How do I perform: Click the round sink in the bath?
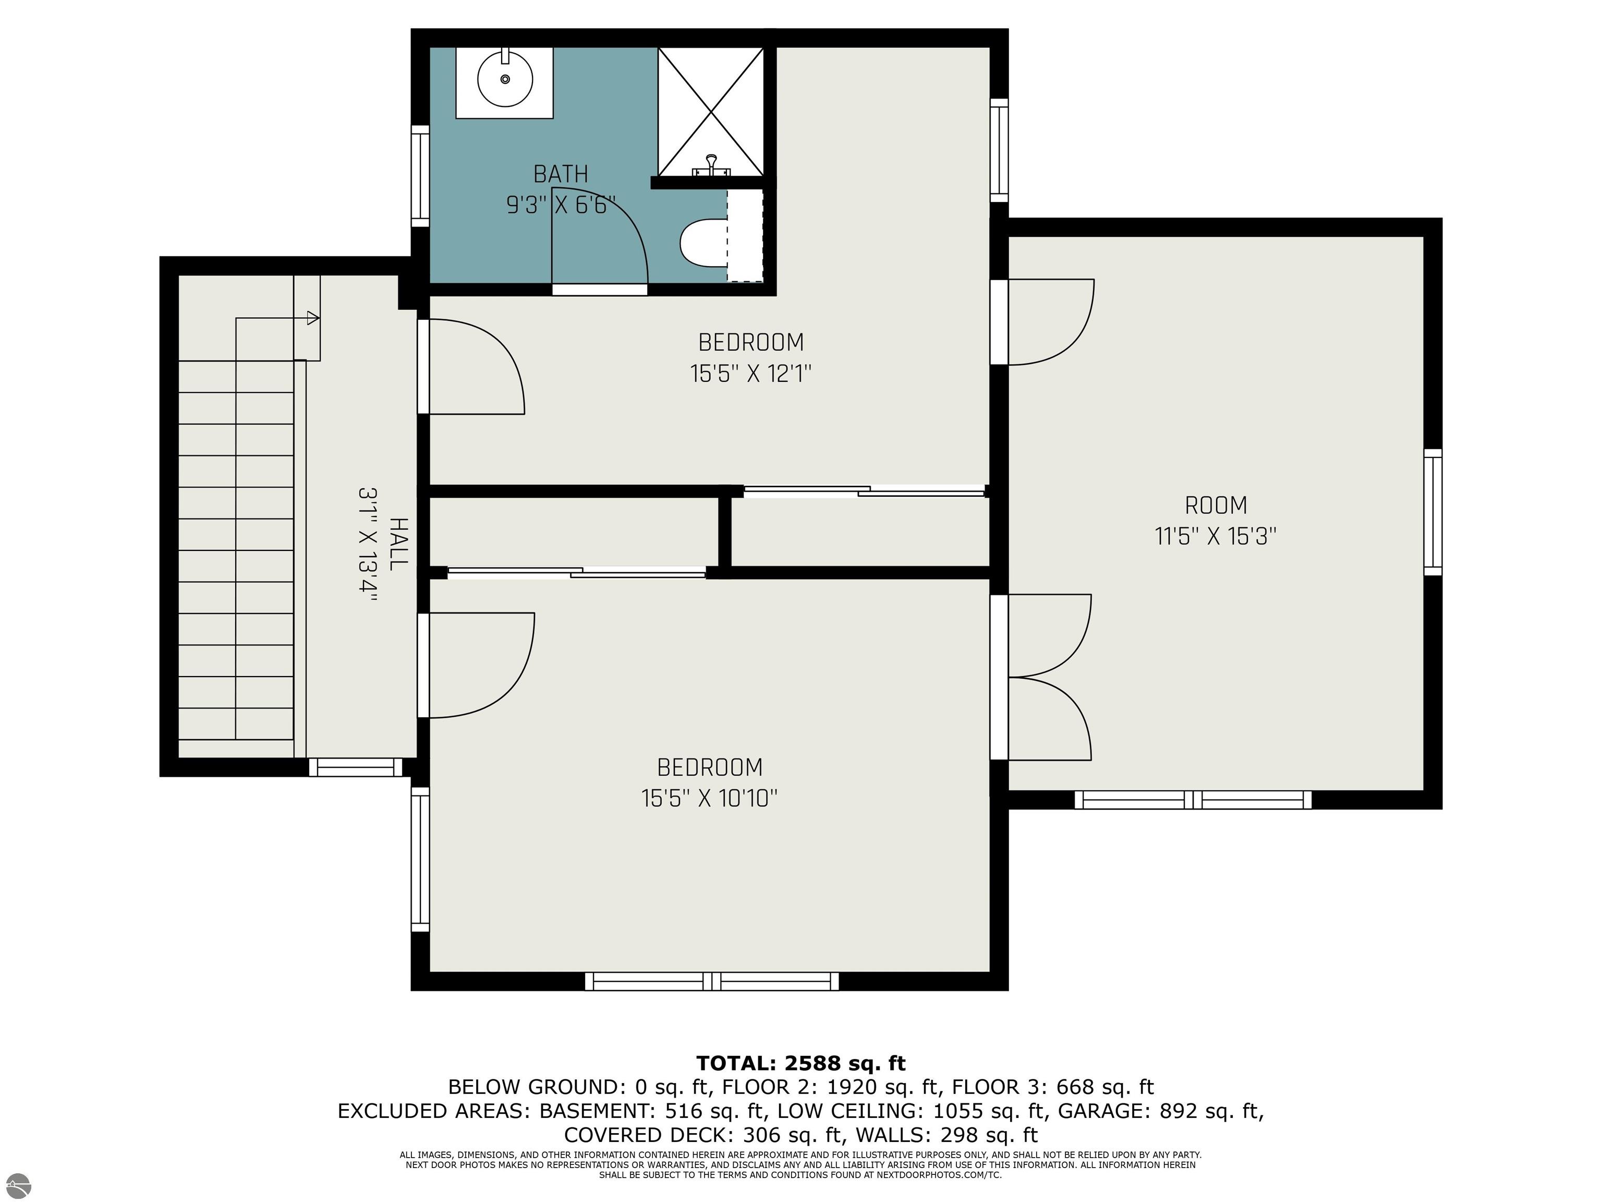(505, 79)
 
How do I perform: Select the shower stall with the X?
(710, 112)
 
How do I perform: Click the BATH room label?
(561, 174)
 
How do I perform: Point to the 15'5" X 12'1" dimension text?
(750, 374)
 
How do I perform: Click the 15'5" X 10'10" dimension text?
(709, 798)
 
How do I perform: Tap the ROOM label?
(1215, 505)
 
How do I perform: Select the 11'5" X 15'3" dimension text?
(1215, 536)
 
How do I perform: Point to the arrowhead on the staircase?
(313, 317)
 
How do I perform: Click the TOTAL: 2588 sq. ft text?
(801, 1063)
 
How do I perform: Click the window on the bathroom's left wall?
(420, 175)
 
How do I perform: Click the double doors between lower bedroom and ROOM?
(1041, 678)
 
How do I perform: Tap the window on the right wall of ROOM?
(1433, 512)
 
